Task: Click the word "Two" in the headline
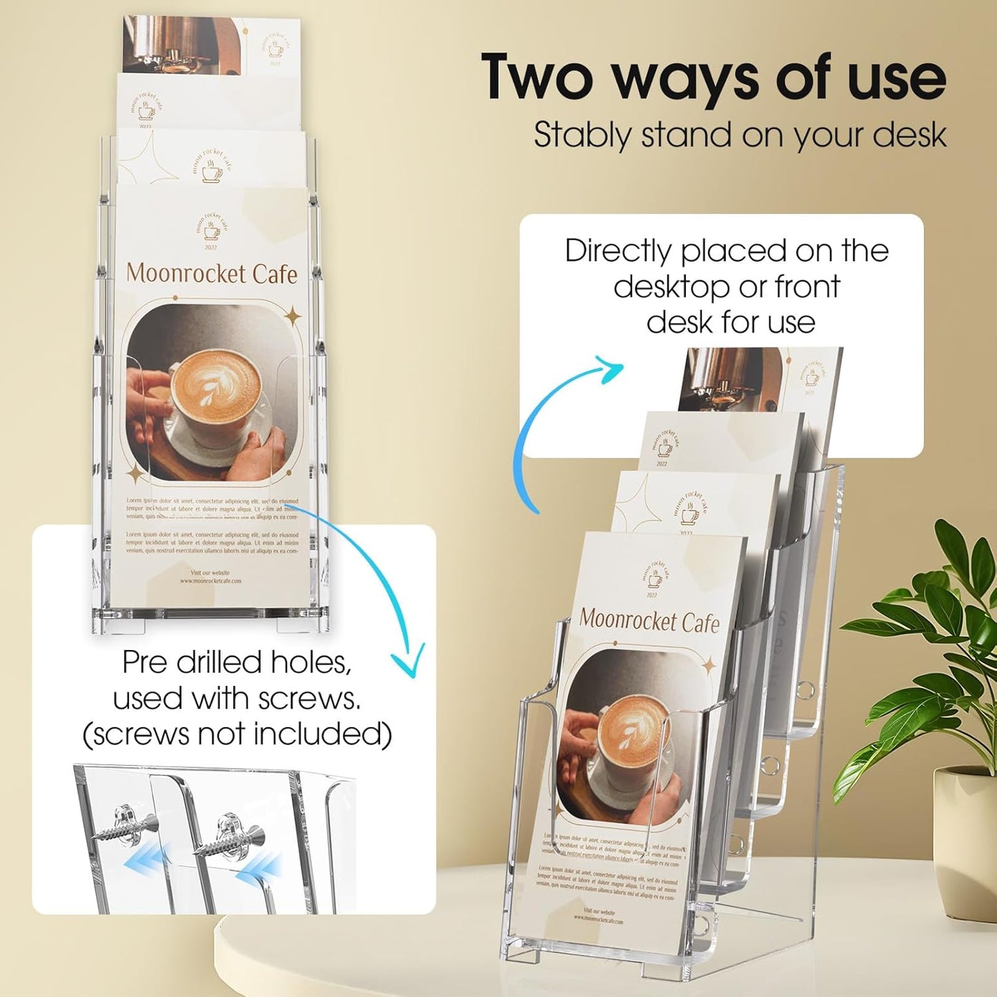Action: (x=537, y=78)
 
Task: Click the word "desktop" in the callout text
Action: (x=671, y=286)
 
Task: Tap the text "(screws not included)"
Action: (x=237, y=734)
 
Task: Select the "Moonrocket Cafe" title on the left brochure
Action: (x=212, y=273)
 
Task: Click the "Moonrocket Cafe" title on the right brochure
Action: (x=649, y=620)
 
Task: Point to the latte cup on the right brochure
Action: (x=633, y=733)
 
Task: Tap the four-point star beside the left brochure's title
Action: (x=293, y=317)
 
